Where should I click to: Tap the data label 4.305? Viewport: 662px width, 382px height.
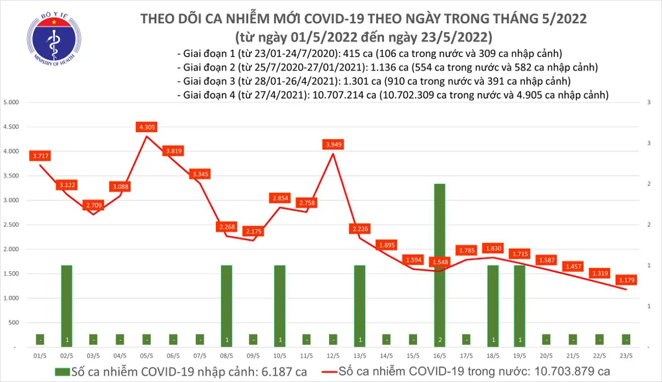click(146, 127)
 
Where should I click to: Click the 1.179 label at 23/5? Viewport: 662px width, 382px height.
click(626, 280)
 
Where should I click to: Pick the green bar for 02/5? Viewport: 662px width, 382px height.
click(67, 305)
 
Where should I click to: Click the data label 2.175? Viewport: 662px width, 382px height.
click(253, 231)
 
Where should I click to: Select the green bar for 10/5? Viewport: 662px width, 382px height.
click(279, 305)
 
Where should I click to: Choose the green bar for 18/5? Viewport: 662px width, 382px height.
click(492, 305)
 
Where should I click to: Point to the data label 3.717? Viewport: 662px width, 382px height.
click(40, 156)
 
